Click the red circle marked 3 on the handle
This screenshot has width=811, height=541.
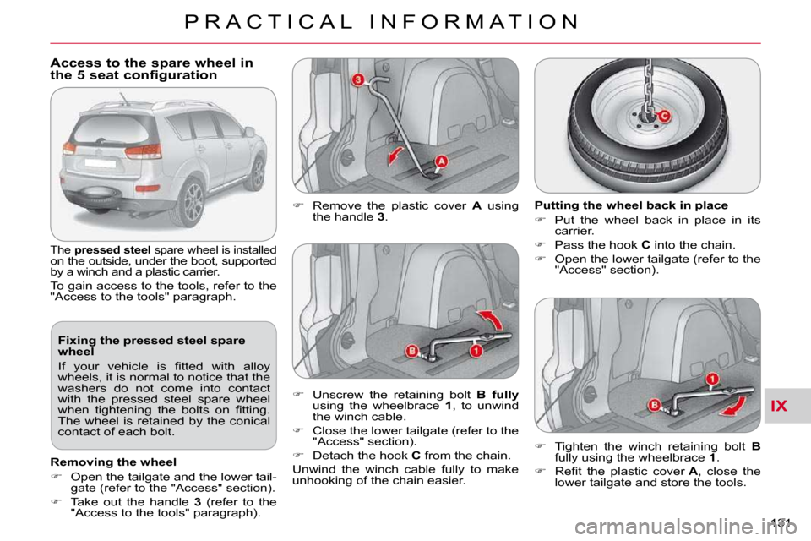357,79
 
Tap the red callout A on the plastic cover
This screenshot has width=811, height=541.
440,161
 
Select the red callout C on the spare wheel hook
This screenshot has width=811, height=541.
664,116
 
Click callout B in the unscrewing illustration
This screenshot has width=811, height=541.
411,352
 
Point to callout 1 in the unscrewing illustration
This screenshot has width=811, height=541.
476,352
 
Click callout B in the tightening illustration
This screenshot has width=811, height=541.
654,404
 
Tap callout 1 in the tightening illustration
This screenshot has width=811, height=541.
712,380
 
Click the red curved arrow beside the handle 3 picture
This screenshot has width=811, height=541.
395,156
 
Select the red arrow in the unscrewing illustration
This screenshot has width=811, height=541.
492,319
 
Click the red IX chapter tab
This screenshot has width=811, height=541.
778,406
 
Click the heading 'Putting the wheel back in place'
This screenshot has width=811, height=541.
631,205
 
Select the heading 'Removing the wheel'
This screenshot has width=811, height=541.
113,462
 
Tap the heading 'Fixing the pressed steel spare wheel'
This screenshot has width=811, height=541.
151,346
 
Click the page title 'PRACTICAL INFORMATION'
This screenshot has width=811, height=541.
382,22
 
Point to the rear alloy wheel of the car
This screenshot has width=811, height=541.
192,202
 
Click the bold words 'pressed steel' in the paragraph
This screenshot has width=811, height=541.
112,250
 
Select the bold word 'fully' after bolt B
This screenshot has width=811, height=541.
505,395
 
